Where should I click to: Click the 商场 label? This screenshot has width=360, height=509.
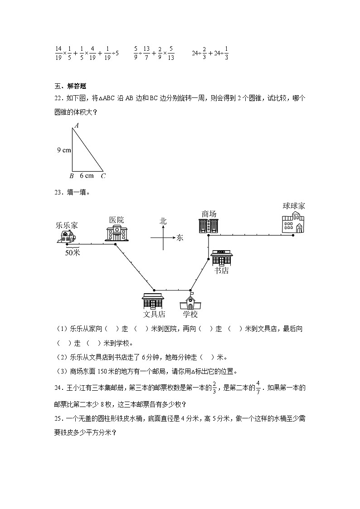click(209, 213)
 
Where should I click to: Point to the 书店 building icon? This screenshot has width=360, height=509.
click(221, 257)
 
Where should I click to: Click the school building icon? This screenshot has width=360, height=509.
click(190, 301)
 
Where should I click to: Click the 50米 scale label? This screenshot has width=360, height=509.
click(73, 253)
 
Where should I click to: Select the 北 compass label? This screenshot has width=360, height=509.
click(163, 221)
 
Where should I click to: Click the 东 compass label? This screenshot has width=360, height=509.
click(180, 237)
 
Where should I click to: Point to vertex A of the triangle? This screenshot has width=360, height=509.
click(76, 126)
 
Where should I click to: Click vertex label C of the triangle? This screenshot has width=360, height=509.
click(103, 176)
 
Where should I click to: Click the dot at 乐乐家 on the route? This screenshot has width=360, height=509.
click(67, 244)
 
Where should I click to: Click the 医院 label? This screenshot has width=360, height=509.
click(116, 220)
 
